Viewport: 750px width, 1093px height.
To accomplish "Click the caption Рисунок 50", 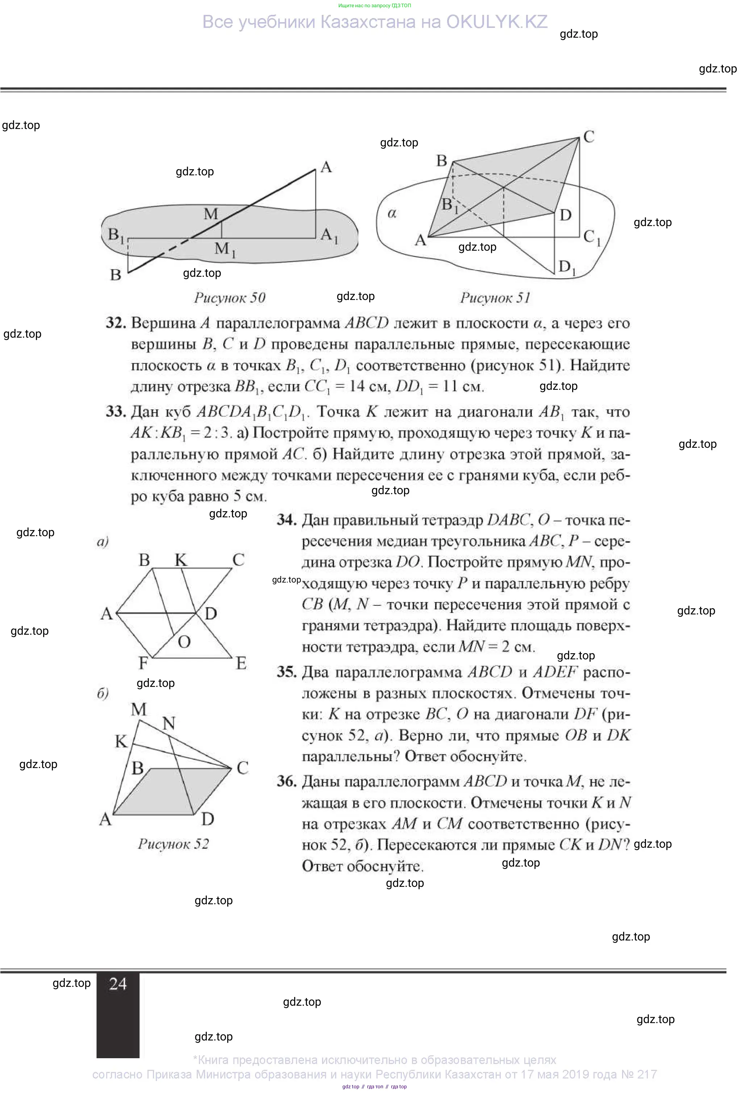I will pyautogui.click(x=230, y=298).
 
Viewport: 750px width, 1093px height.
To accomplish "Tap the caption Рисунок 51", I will pyautogui.click(x=495, y=298).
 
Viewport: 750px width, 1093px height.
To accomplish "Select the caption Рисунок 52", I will pyautogui.click(x=173, y=844).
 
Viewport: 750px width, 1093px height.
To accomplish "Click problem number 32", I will pyautogui.click(x=116, y=323).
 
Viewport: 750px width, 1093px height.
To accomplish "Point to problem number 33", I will pyautogui.click(x=116, y=412).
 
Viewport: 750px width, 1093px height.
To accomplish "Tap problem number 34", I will pyautogui.click(x=286, y=520).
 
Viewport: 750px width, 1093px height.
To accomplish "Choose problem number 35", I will pyautogui.click(x=286, y=672).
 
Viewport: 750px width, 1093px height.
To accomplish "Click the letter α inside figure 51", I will pyautogui.click(x=392, y=214).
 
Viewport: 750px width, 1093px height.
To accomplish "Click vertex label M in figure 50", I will pyautogui.click(x=211, y=214).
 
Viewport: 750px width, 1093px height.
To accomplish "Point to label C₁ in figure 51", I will pyautogui.click(x=592, y=237).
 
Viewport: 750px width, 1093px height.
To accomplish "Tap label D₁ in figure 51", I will pyautogui.click(x=567, y=268).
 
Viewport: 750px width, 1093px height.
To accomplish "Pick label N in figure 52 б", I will pyautogui.click(x=169, y=723).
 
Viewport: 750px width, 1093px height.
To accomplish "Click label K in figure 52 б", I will pyautogui.click(x=121, y=742).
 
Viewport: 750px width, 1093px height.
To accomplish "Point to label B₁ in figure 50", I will pyautogui.click(x=116, y=235).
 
